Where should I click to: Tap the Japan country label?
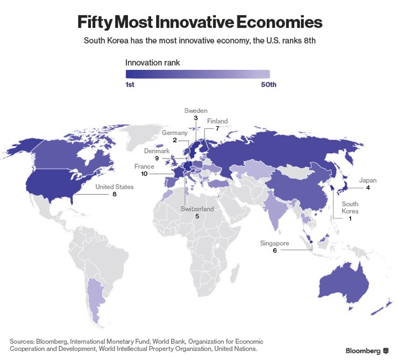pyautogui.click(x=368, y=181)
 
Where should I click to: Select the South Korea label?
pyautogui.click(x=350, y=207)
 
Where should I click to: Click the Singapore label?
pyautogui.click(x=274, y=243)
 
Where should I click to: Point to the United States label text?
pyautogui.click(x=115, y=187)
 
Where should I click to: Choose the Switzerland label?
pyautogui.click(x=197, y=209)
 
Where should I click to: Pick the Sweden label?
pyautogui.click(x=196, y=111)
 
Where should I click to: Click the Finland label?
pyautogui.click(x=217, y=121)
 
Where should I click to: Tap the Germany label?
pyautogui.click(x=175, y=133)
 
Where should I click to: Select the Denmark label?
pyautogui.click(x=157, y=151)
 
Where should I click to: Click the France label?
pyautogui.click(x=144, y=167)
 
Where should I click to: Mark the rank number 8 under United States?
pyautogui.click(x=115, y=195)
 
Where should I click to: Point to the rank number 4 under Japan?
pyautogui.click(x=368, y=188)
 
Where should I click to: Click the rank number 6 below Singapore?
pyautogui.click(x=274, y=251)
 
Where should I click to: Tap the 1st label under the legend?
pyautogui.click(x=130, y=85)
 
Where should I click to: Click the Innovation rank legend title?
pyautogui.click(x=153, y=63)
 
